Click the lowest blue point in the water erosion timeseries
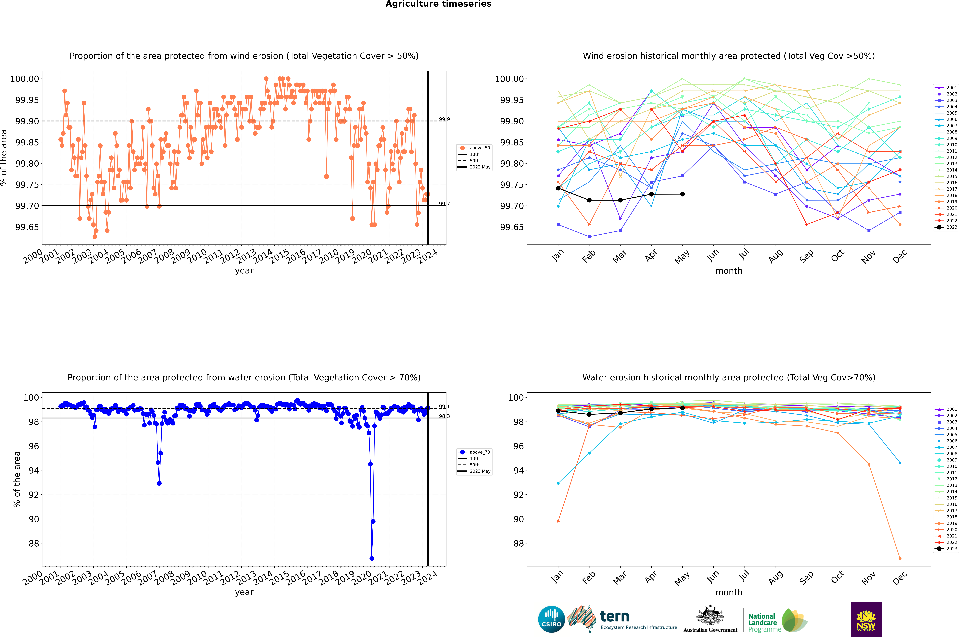pos(372,558)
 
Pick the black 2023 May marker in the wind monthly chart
pos(683,194)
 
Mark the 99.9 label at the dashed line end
pos(444,119)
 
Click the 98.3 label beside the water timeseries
pos(444,416)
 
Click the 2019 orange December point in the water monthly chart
pos(900,558)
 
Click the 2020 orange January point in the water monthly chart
pos(558,521)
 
